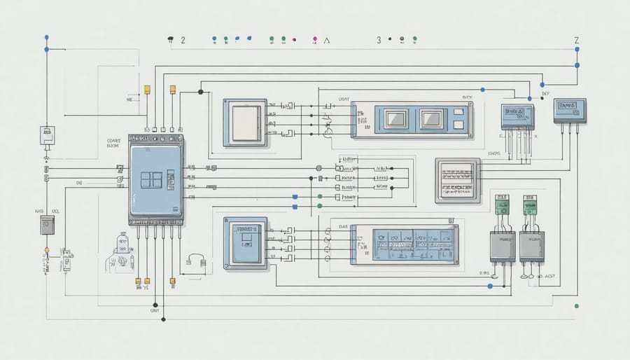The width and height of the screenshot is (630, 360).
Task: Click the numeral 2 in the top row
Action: coord(183,40)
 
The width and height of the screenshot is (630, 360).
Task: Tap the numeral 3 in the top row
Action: coord(379,40)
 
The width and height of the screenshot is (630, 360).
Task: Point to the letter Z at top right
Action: coord(577,41)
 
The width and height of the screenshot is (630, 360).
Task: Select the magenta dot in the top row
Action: coord(316,39)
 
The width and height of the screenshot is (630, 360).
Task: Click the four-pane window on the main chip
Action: coord(151,179)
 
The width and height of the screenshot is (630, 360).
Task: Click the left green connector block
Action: coord(502,205)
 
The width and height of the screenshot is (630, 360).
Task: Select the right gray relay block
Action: coord(531,247)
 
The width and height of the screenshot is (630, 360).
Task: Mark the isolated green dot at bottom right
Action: coord(576,306)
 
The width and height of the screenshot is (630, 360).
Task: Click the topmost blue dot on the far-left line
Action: coord(46,36)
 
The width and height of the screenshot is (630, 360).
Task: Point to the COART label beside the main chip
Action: coord(115,139)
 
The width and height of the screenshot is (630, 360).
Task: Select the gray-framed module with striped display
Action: coord(458,180)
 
